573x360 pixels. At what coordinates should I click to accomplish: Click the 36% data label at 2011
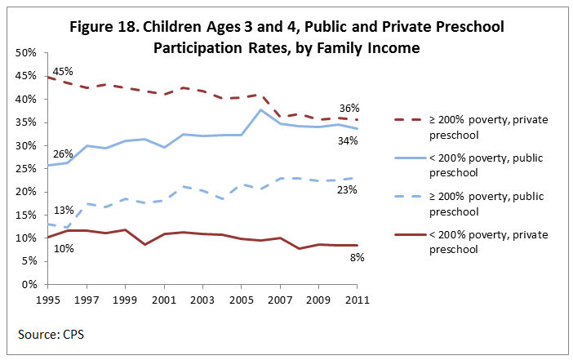350,108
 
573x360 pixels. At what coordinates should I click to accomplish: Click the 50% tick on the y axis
25,52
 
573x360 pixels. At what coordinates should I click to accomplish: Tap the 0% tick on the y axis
29,285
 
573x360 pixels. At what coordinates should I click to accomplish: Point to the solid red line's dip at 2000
144,244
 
